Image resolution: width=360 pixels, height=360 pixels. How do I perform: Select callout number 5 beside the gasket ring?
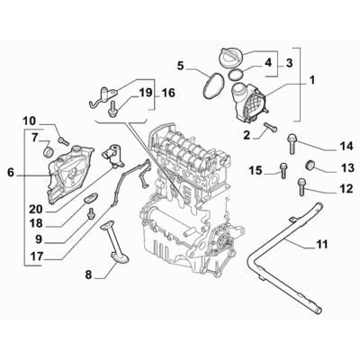[x=180, y=66]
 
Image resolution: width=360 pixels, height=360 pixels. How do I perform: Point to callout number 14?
[x=321, y=146]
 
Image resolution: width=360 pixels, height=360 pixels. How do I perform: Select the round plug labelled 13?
[x=310, y=166]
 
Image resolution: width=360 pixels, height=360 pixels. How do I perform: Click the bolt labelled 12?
[x=300, y=187]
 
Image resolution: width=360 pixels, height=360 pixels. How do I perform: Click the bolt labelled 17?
[x=92, y=212]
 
